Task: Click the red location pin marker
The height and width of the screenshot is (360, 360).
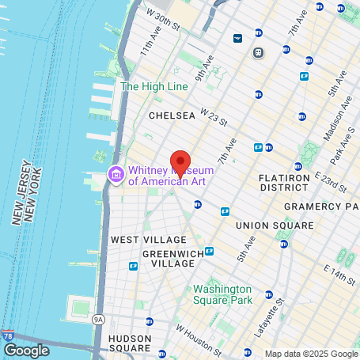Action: click(x=180, y=163)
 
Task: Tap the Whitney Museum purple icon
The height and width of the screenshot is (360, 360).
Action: click(x=116, y=174)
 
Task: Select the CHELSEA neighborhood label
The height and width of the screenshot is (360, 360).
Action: click(x=172, y=116)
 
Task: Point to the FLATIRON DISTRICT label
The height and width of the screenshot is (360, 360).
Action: click(x=284, y=184)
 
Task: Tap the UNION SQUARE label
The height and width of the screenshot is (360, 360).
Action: click(x=275, y=225)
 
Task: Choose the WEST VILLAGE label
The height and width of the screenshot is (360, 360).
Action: click(x=148, y=240)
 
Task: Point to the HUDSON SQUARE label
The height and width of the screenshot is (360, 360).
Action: click(x=129, y=343)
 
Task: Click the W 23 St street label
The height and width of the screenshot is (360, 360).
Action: click(x=214, y=119)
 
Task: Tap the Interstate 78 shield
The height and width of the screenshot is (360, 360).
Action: click(x=8, y=336)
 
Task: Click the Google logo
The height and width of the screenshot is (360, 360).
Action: click(x=26, y=351)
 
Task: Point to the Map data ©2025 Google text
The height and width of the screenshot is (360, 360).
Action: click(x=311, y=354)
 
